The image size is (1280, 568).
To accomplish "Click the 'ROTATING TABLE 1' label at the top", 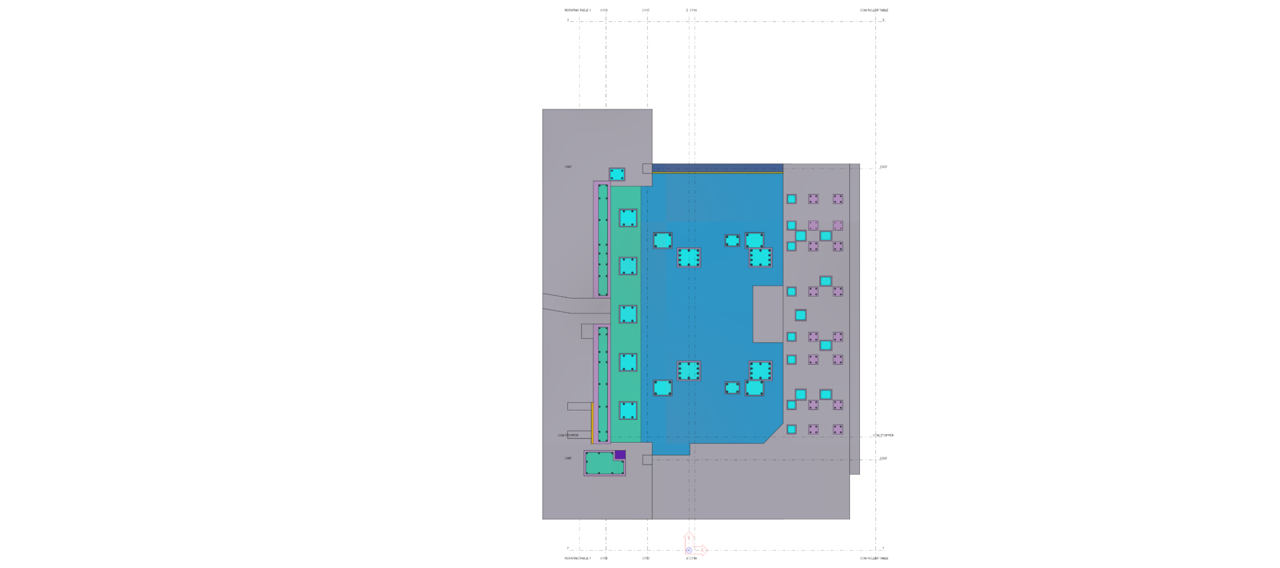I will point(577,11).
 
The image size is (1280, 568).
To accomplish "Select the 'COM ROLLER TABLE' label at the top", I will point(873,11).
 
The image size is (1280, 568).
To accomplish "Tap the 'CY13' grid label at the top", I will point(604,11).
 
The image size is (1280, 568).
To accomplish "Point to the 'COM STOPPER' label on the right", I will point(883,435).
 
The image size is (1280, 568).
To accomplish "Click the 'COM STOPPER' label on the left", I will point(568,435).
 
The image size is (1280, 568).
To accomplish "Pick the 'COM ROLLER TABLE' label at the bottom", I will point(873,559).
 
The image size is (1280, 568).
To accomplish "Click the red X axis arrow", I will point(701,551).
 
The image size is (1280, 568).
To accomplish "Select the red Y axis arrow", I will point(689,538).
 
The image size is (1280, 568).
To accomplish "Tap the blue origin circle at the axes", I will point(689,551).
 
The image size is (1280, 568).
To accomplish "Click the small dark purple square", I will point(620,455).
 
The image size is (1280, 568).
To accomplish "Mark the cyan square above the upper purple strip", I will point(617,175).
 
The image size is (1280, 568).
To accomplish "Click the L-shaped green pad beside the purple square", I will point(600,463).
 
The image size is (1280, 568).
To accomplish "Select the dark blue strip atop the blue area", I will point(717,167).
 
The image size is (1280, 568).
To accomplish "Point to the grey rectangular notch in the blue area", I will point(768,314).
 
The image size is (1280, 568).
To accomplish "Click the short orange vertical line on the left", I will point(591,422).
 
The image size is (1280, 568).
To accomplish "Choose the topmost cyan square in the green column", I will point(628,218).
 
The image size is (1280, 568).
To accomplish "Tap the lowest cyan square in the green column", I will point(628,410).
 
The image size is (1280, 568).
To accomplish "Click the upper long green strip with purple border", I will point(603,240).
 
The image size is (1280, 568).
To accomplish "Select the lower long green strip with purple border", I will point(603,384).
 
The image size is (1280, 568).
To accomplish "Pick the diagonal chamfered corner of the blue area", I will point(773,433).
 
